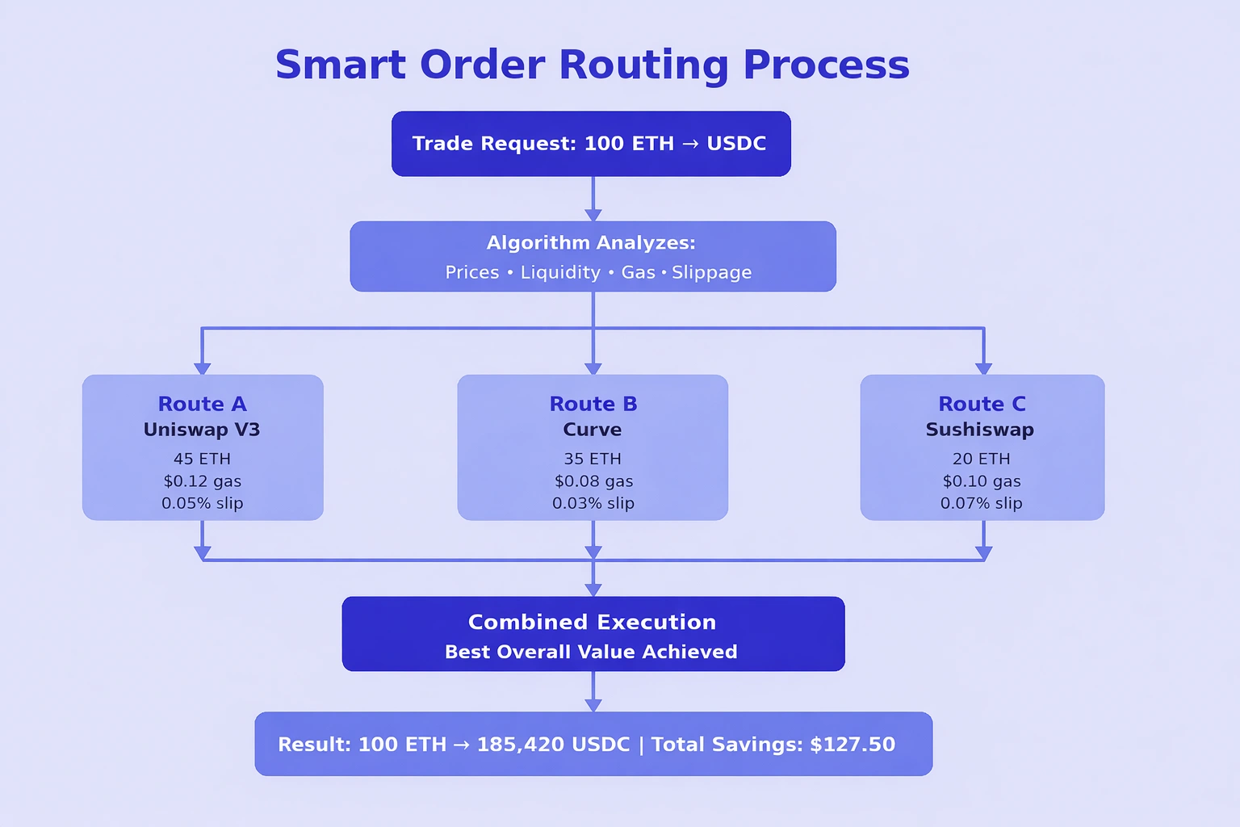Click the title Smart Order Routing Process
[x=592, y=65]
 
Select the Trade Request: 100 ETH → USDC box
[x=590, y=144]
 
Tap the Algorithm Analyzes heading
[x=590, y=243]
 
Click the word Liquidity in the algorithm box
[x=560, y=273]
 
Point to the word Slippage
[x=711, y=273]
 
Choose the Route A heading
[x=202, y=404]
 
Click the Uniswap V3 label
[x=202, y=430]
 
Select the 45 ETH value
[x=202, y=459]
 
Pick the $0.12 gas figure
[x=202, y=481]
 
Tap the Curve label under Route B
[x=593, y=430]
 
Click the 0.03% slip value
[x=593, y=503]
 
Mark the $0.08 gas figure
[x=593, y=481]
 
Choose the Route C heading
[x=982, y=404]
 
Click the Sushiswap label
[x=979, y=430]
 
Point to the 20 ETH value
[x=981, y=459]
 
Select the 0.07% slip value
[x=981, y=503]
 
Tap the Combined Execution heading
[x=592, y=622]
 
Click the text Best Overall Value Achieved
[x=591, y=652]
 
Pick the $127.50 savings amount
[x=852, y=745]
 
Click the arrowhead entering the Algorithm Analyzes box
[x=593, y=215]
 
